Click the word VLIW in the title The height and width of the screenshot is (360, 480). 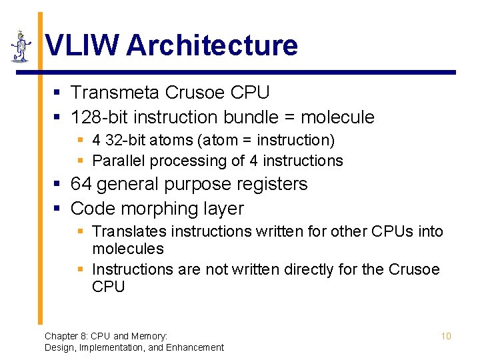point(81,46)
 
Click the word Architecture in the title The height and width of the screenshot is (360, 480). point(211,46)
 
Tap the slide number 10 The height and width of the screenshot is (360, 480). point(446,336)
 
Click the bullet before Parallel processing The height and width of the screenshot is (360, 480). point(81,161)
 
